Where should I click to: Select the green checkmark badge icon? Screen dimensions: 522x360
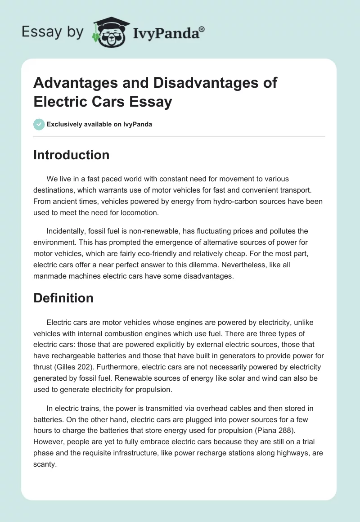39,124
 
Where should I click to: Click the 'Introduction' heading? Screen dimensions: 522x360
71,155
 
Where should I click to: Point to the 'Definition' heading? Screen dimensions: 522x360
63,298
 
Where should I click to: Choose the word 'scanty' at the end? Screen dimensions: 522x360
45,465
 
